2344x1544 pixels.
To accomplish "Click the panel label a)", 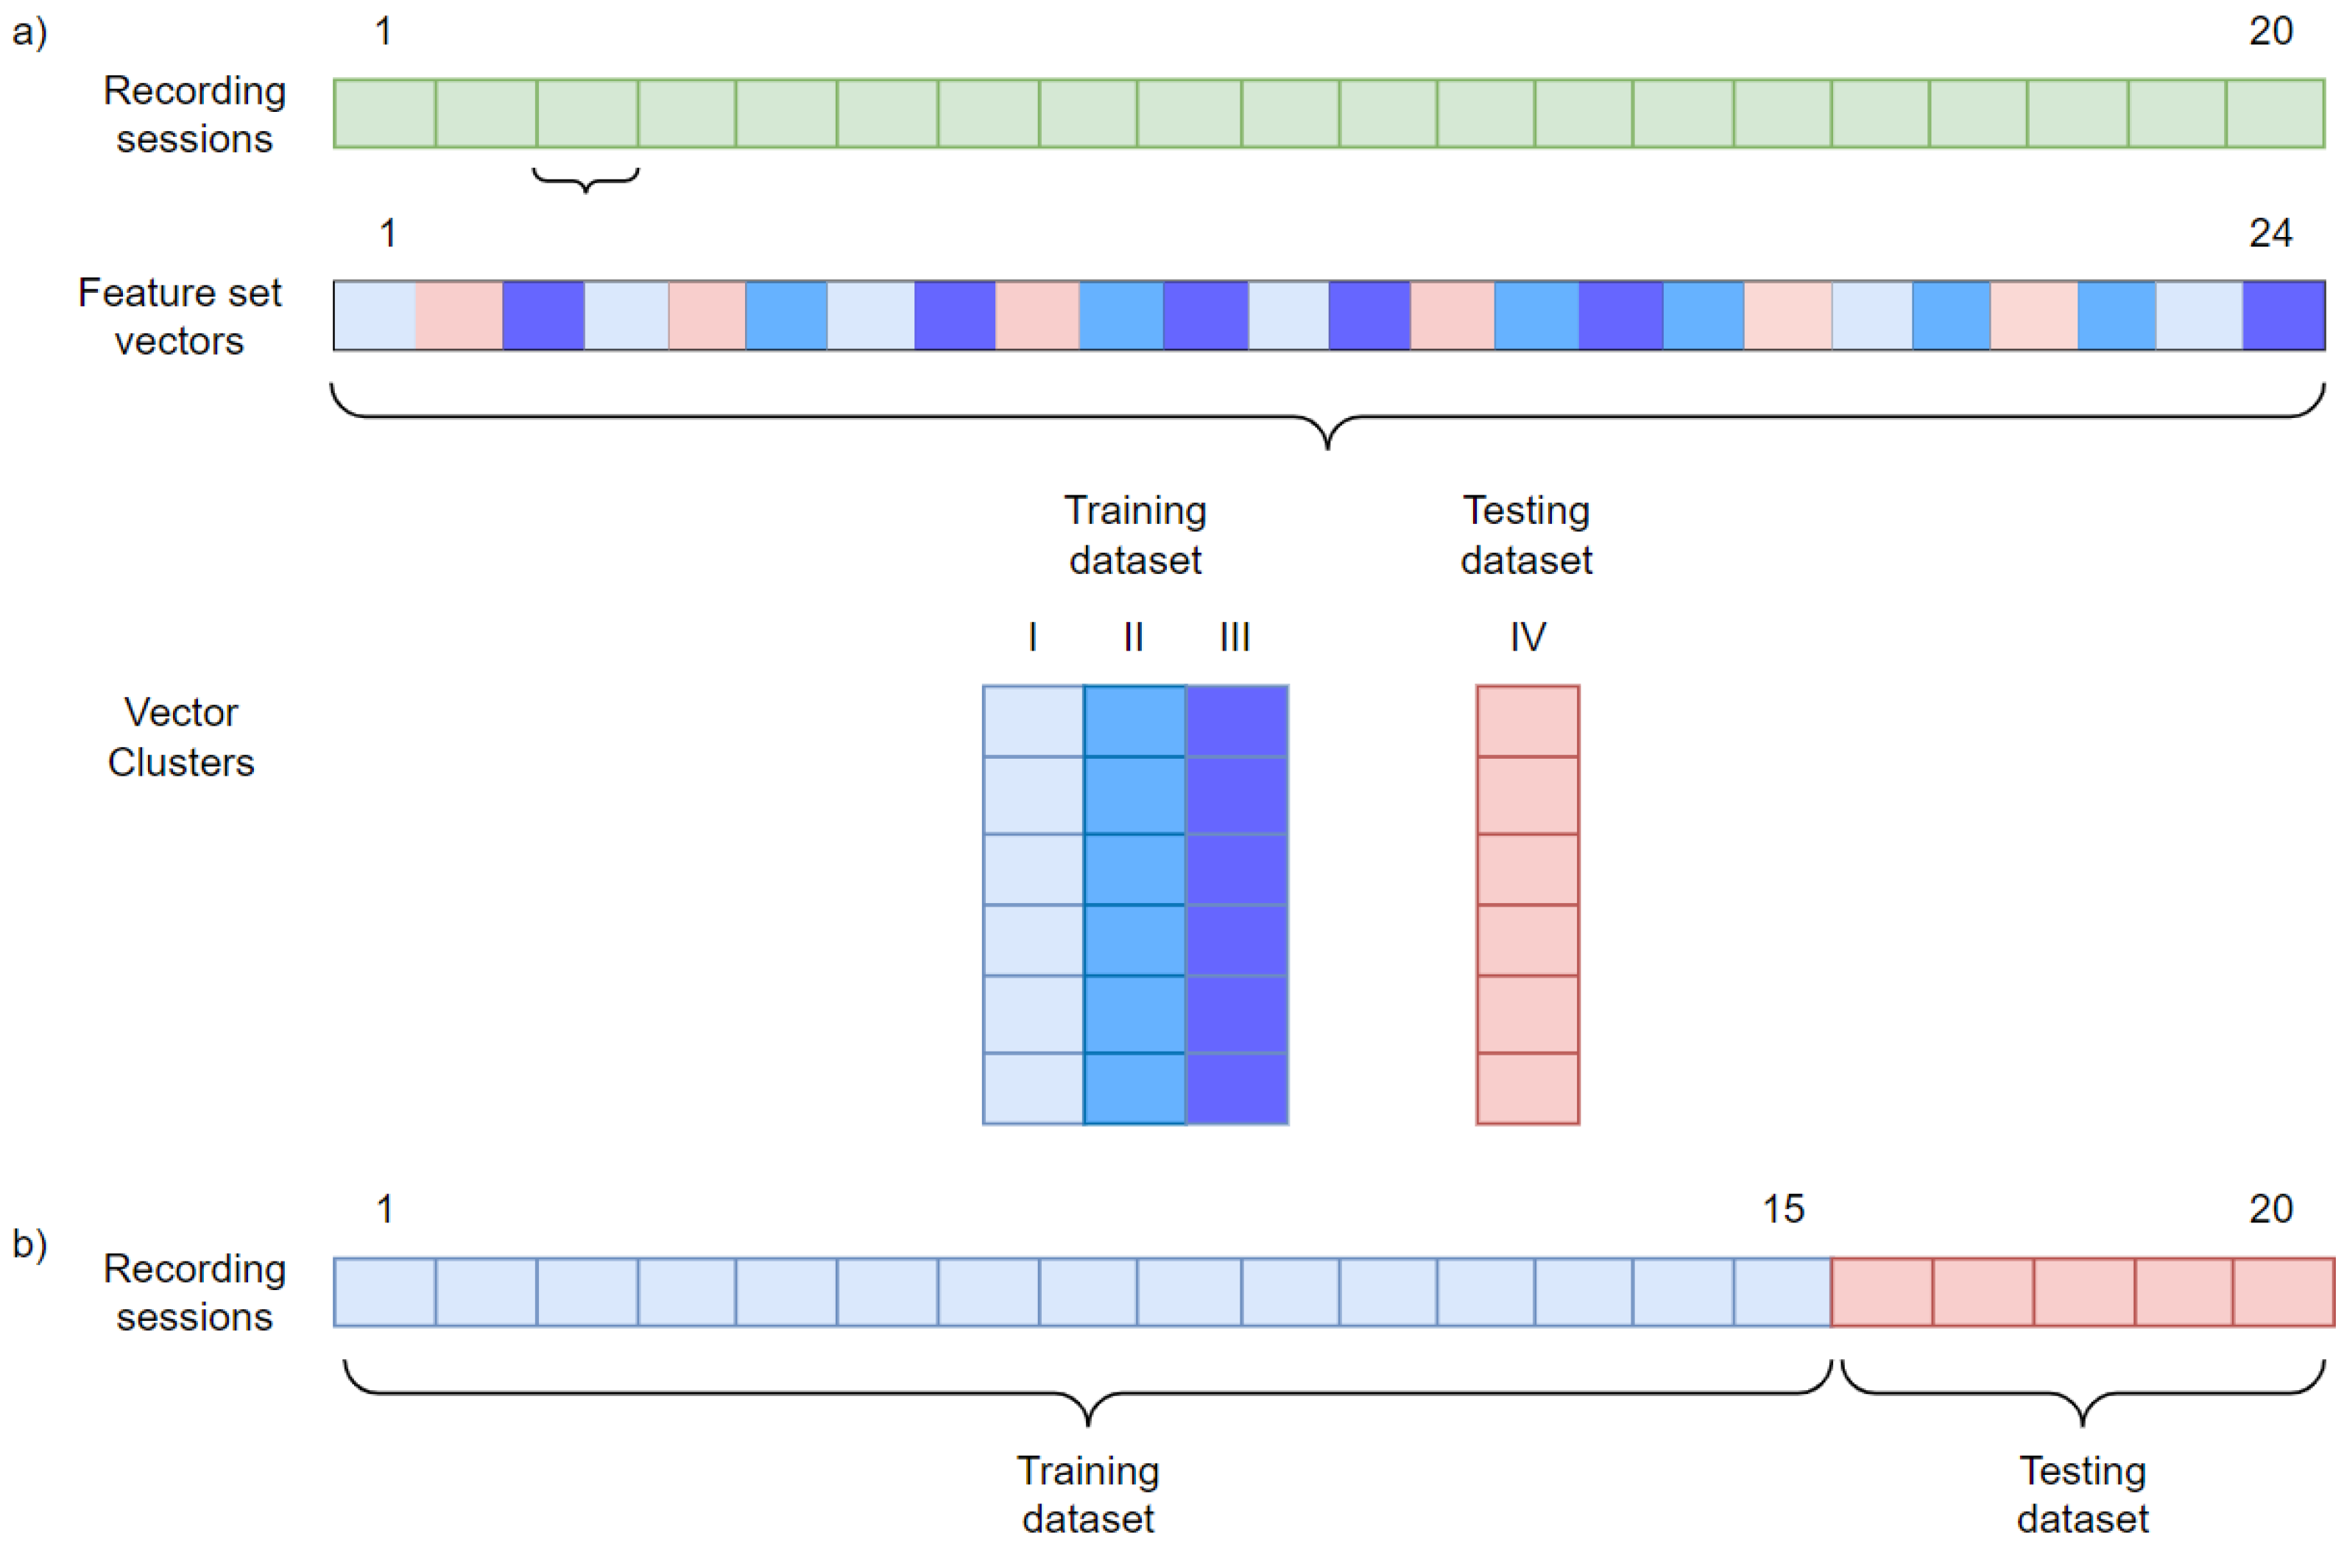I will click(x=29, y=32).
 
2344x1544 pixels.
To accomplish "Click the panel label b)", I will click(x=29, y=1244).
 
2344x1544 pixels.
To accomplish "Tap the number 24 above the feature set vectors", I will click(x=2270, y=233).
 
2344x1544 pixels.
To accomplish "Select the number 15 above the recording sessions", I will click(x=1782, y=1209).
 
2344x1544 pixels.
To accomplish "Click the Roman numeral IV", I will click(x=1528, y=637).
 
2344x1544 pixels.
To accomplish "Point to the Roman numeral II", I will click(x=1134, y=637).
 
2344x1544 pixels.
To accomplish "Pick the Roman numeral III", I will click(x=1235, y=637).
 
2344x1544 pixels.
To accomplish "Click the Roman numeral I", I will click(x=1032, y=637).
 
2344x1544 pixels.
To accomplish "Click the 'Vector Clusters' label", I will click(x=181, y=737).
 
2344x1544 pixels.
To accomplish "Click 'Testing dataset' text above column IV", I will click(x=1527, y=535).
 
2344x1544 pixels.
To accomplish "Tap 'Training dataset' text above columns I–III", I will click(x=1136, y=535).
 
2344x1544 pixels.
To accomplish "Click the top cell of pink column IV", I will click(x=1528, y=720).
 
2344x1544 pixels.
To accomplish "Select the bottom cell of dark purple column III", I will click(x=1237, y=1088).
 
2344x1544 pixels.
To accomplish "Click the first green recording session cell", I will click(x=385, y=114).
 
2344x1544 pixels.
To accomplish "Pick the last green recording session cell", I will click(x=2275, y=114).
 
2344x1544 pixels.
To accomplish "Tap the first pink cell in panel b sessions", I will click(x=1882, y=1292).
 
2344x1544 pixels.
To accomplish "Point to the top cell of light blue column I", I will click(x=1033, y=720).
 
